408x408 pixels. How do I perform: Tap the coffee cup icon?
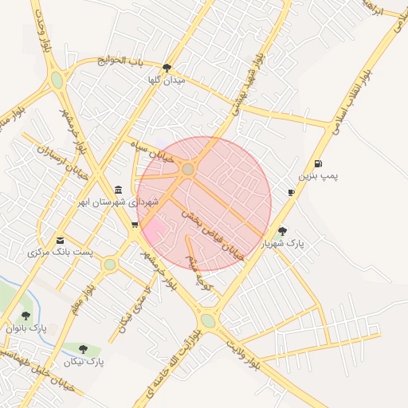click(292, 192)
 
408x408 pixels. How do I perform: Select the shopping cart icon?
click(135, 225)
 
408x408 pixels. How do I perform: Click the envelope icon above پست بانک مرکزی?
click(61, 241)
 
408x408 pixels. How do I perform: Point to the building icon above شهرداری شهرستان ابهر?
click(119, 189)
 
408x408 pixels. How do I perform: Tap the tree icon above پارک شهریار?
click(282, 230)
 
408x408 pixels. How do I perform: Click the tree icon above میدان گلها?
click(167, 69)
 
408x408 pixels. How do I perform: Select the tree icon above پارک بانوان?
click(26, 316)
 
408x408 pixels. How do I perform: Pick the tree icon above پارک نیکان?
click(83, 348)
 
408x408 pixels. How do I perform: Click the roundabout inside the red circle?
click(188, 169)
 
